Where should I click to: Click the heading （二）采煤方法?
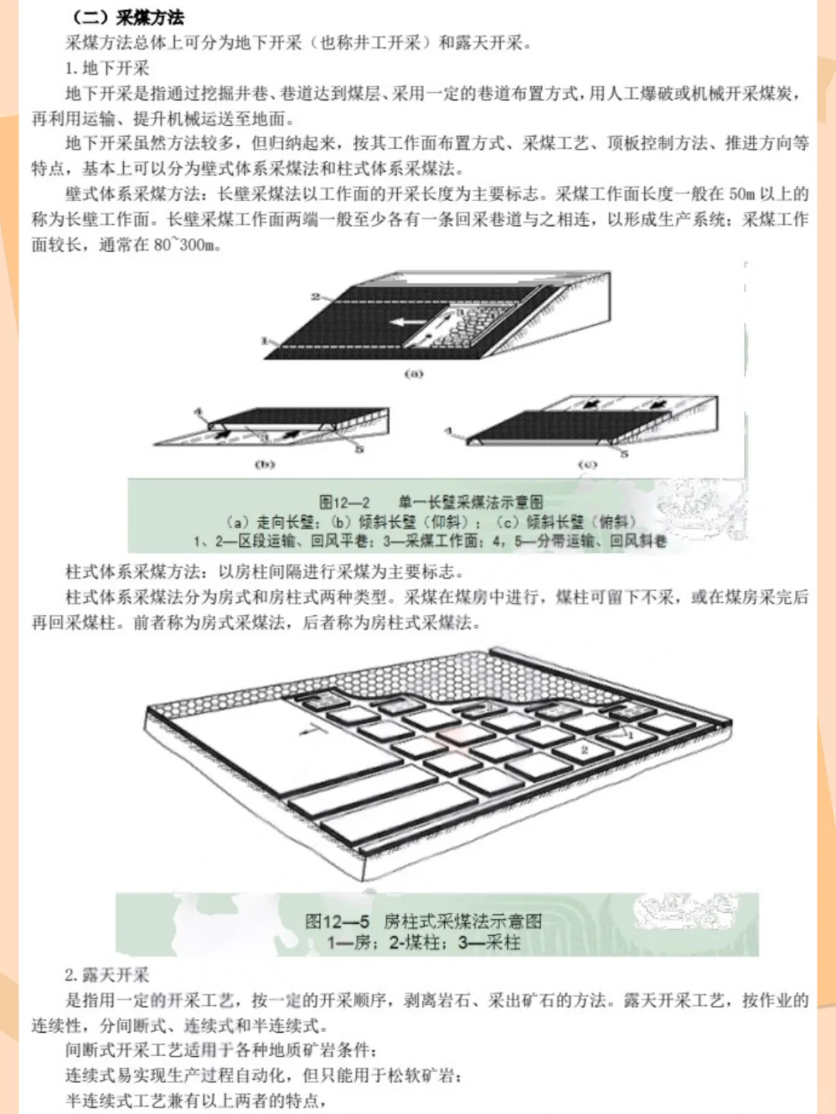click(128, 17)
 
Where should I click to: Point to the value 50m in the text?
click(741, 194)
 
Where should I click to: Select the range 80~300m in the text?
click(187, 245)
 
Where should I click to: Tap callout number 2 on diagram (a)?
click(316, 296)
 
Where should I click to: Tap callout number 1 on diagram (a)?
click(264, 340)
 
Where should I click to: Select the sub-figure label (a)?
click(414, 374)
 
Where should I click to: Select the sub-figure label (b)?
click(265, 464)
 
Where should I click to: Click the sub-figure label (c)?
click(588, 464)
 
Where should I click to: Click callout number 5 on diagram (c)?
click(624, 454)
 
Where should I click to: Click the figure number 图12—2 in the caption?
click(344, 502)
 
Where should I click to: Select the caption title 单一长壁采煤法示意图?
click(471, 502)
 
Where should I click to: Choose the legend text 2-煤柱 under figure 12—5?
click(417, 942)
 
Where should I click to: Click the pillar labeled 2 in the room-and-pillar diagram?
click(584, 750)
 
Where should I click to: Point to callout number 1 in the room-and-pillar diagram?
click(630, 735)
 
